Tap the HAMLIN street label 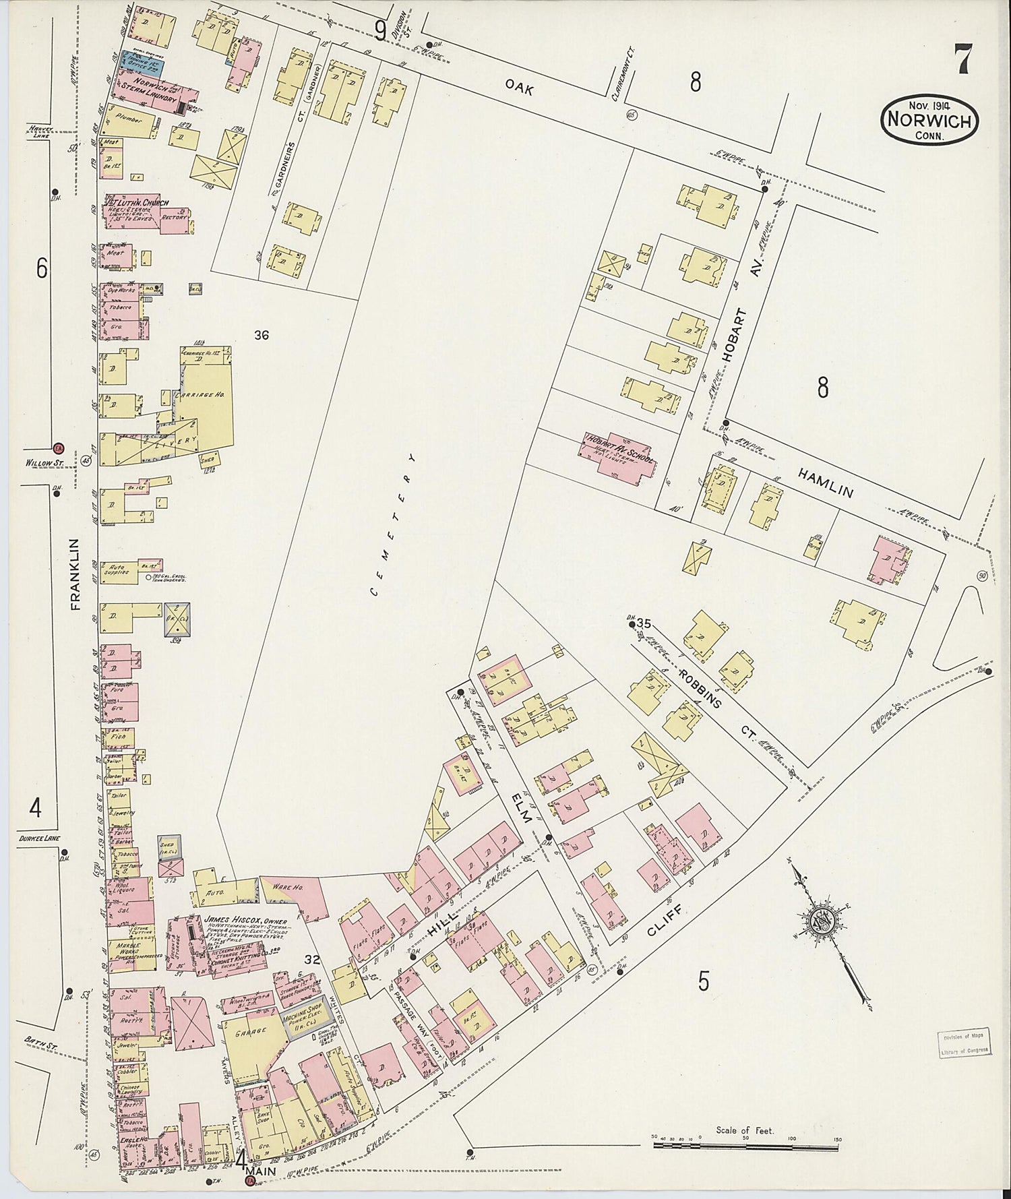(826, 483)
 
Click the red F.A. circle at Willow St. (59, 448)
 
